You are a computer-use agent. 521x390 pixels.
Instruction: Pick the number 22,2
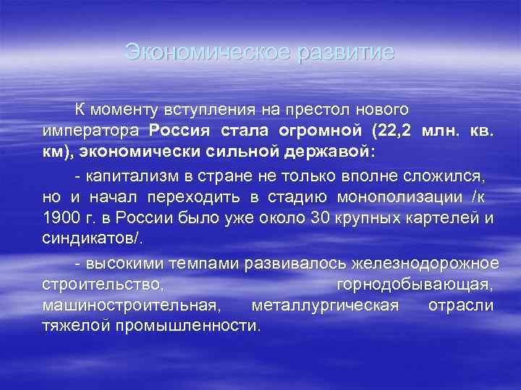[x=396, y=131]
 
